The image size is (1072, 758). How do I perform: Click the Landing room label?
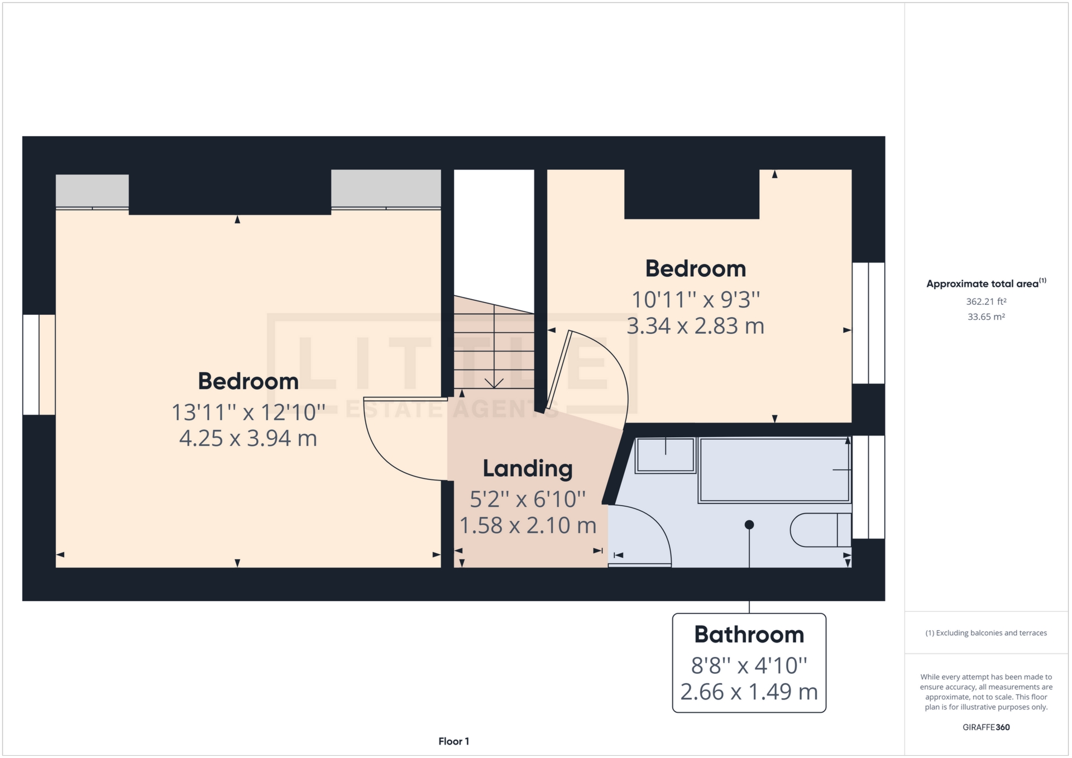528,469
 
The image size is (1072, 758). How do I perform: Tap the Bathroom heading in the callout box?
749,635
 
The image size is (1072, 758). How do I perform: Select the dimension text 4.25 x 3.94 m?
248,439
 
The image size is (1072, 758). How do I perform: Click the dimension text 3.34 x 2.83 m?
695,326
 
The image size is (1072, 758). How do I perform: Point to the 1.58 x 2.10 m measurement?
528,526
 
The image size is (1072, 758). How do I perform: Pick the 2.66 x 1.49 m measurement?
749,692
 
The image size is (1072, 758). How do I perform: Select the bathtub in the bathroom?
774,470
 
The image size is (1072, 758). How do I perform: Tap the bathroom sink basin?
664,455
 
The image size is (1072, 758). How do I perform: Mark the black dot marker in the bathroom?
749,525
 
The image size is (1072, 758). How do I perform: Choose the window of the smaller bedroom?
868,323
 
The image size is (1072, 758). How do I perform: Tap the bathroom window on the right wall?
868,487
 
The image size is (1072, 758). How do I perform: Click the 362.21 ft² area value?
986,301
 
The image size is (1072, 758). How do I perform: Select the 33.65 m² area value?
986,316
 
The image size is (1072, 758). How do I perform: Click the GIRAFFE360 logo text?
986,727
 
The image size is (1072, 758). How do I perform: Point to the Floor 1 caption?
453,741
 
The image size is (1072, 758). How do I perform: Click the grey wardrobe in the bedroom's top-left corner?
92,191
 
